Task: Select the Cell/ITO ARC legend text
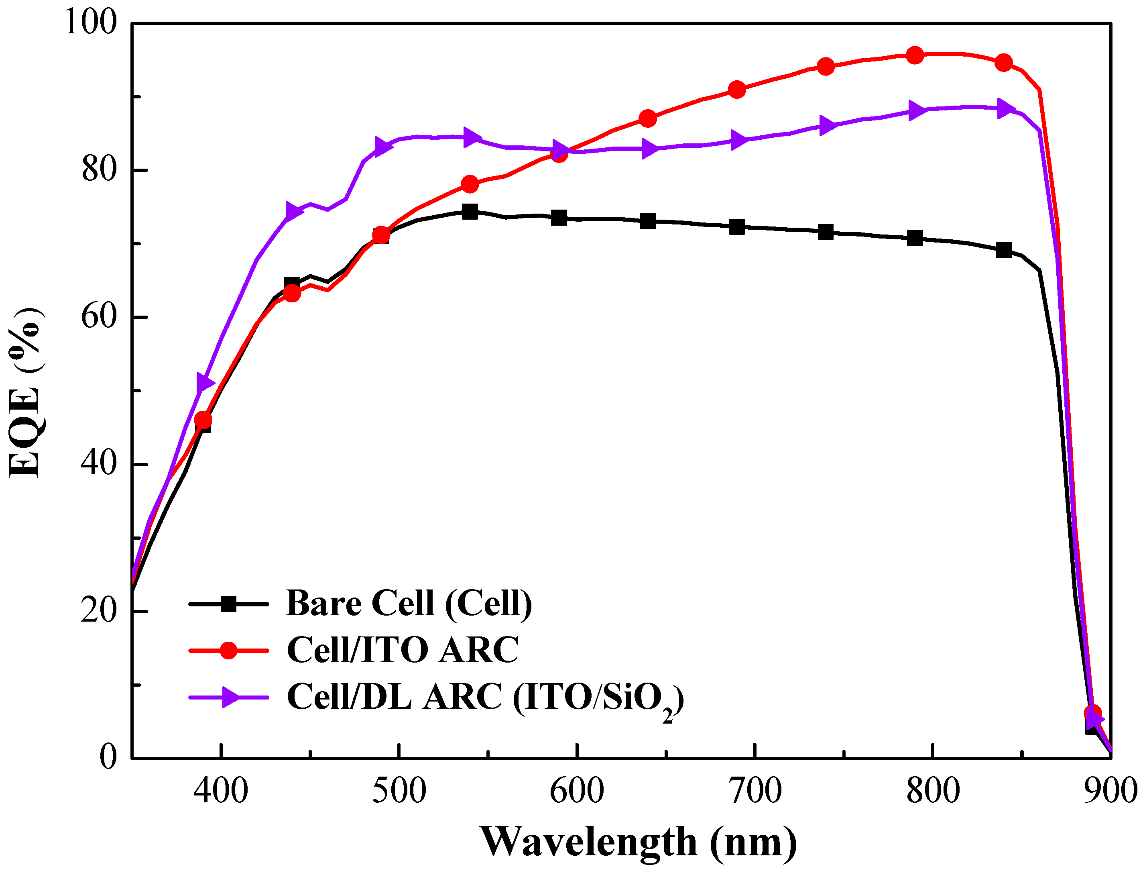click(x=403, y=650)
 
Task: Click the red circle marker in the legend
click(x=228, y=650)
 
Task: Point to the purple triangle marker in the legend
click(x=230, y=697)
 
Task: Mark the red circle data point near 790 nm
click(x=915, y=55)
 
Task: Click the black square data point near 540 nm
click(x=470, y=212)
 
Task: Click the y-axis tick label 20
click(x=99, y=610)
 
